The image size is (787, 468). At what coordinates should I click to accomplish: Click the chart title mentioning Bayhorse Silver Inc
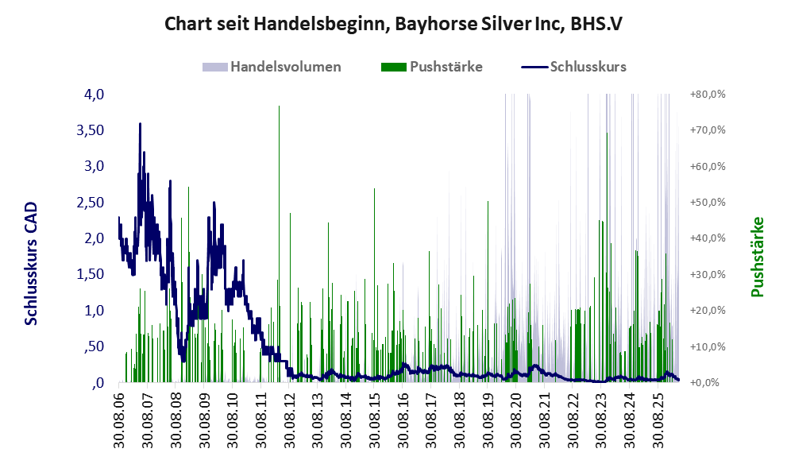pyautogui.click(x=393, y=24)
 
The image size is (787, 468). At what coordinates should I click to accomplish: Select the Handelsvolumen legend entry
pyautogui.click(x=272, y=67)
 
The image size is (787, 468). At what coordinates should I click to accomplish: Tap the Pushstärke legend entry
pyautogui.click(x=432, y=67)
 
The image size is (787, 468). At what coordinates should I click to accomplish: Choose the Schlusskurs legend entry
pyautogui.click(x=573, y=67)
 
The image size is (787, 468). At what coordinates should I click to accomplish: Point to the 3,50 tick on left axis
pyautogui.click(x=90, y=130)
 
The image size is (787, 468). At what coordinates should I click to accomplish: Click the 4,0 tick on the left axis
pyautogui.click(x=94, y=95)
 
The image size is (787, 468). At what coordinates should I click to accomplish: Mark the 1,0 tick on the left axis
pyautogui.click(x=94, y=311)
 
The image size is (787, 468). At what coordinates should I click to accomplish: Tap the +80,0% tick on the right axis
pyautogui.click(x=708, y=95)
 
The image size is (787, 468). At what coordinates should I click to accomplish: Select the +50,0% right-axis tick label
pyautogui.click(x=708, y=203)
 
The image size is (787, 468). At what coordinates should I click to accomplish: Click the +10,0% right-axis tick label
pyautogui.click(x=708, y=346)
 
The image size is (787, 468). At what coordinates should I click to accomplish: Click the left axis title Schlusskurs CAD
pyautogui.click(x=31, y=264)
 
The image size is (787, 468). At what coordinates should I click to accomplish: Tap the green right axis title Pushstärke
pyautogui.click(x=757, y=257)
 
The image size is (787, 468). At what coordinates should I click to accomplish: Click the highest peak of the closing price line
pyautogui.click(x=140, y=123)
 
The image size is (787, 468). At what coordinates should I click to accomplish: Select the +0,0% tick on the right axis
pyautogui.click(x=709, y=383)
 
